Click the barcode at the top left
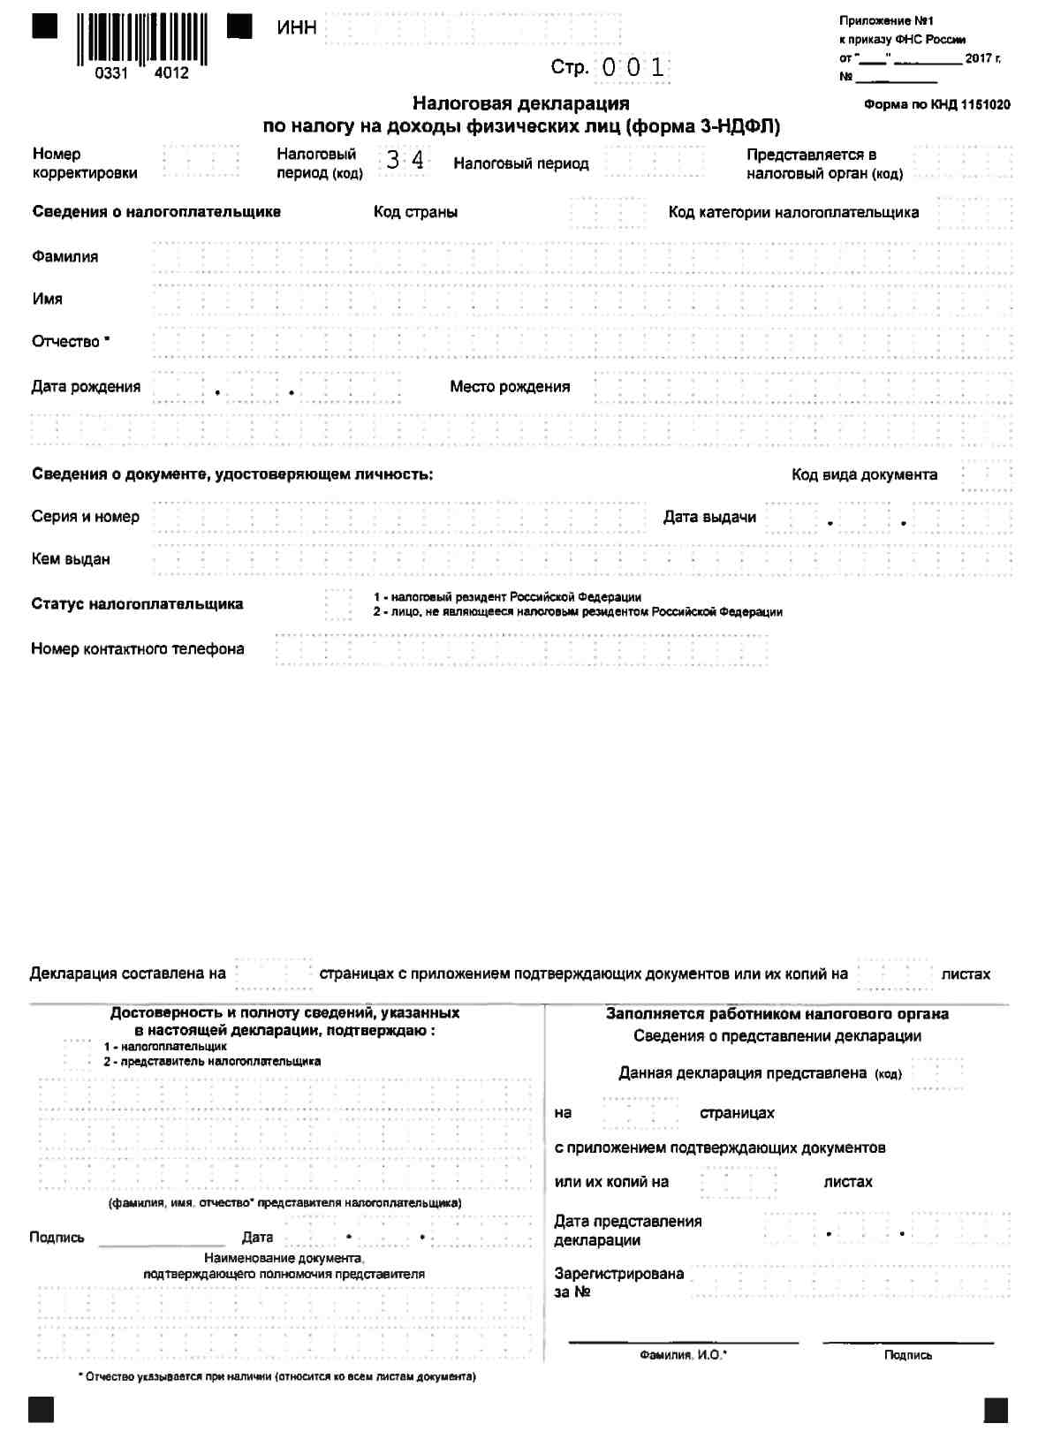(x=141, y=40)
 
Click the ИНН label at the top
(x=297, y=28)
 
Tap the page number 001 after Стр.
(x=633, y=67)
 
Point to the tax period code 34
(x=405, y=161)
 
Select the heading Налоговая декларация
(x=521, y=104)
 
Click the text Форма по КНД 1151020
(x=937, y=104)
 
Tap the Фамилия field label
(x=65, y=257)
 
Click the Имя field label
(x=48, y=299)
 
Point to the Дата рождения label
(x=86, y=387)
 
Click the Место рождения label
(x=510, y=387)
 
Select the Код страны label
(x=415, y=213)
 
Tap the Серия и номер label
(x=86, y=517)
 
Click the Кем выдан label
(x=71, y=559)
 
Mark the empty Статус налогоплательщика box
(x=338, y=604)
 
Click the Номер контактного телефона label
(x=138, y=649)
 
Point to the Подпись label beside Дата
(x=57, y=1238)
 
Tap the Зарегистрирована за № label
(x=618, y=1283)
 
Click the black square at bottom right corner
(x=996, y=1409)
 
